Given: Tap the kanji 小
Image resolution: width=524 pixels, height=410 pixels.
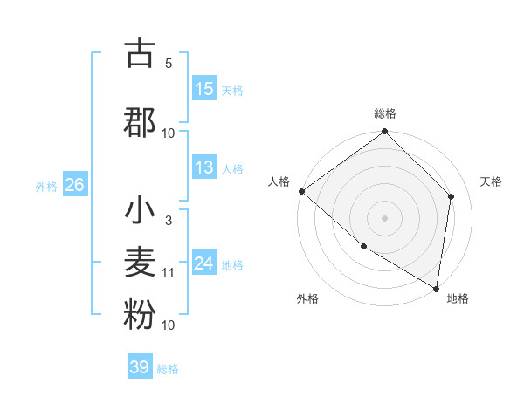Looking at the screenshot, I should click(x=140, y=211).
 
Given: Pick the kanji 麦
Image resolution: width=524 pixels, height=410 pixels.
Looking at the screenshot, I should click(x=140, y=263).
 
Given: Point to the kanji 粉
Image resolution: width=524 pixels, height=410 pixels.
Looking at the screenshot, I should click(x=140, y=316).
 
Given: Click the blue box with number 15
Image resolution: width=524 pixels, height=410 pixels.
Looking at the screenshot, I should click(x=204, y=89).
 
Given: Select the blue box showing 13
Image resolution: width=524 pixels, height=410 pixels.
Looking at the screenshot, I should click(x=204, y=167).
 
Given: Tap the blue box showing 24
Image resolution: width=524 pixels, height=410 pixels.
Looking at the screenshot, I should click(x=204, y=263).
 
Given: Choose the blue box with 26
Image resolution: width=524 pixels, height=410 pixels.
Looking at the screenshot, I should click(x=74, y=185).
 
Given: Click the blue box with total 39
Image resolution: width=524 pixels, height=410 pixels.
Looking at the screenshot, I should click(x=140, y=367).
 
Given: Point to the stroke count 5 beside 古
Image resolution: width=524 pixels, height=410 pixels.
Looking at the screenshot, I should click(x=169, y=64).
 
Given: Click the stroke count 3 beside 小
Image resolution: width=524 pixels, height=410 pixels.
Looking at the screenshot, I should click(x=169, y=221).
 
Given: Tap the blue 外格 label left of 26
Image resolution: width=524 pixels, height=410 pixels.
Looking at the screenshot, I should click(x=46, y=186).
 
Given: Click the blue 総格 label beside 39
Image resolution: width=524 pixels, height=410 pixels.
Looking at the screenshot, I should click(x=168, y=369).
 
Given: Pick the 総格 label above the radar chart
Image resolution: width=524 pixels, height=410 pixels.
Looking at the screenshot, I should click(x=384, y=113).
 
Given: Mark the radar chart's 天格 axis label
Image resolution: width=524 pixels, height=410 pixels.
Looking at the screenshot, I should click(x=491, y=181).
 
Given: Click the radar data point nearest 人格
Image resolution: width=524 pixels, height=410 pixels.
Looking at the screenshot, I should click(x=301, y=191).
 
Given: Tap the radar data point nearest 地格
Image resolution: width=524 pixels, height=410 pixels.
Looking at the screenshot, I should click(x=436, y=288).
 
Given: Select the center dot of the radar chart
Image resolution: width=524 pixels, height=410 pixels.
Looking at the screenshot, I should click(x=384, y=217).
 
